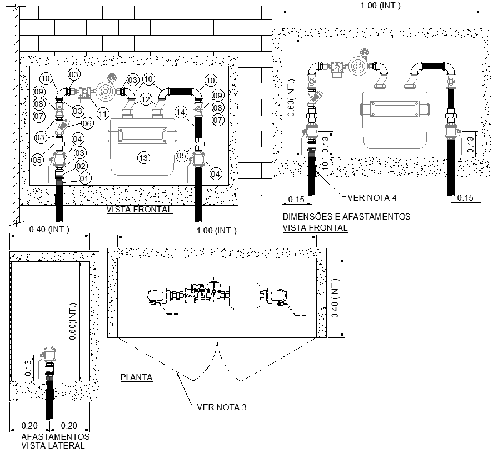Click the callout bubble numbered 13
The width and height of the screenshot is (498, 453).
(x=143, y=158)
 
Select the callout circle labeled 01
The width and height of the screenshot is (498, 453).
(x=84, y=178)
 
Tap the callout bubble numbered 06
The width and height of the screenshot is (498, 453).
(x=87, y=123)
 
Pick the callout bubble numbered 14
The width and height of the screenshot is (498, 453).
(x=180, y=112)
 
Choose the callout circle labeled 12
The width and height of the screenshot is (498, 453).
(x=145, y=100)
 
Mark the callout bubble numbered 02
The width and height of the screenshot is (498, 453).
(x=82, y=166)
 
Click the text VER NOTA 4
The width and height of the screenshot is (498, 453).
(x=371, y=197)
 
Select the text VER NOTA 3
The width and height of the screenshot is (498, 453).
(x=222, y=407)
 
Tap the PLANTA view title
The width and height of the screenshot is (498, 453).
(x=137, y=377)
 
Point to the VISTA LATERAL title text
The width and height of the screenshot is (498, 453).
(x=53, y=445)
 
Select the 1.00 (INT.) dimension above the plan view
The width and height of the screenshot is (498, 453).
(x=217, y=230)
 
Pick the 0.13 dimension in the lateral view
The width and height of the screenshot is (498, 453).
(x=31, y=369)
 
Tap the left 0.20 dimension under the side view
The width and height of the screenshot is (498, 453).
(x=29, y=425)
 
